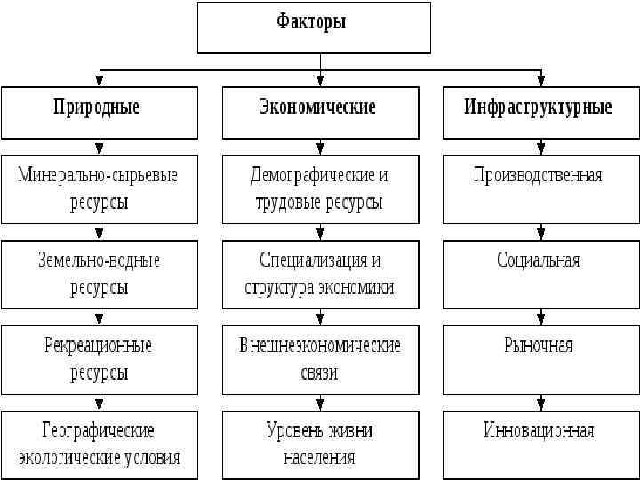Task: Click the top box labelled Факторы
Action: click(x=314, y=28)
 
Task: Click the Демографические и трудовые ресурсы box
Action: click(x=319, y=188)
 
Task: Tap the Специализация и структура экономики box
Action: click(x=319, y=274)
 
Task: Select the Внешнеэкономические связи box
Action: click(x=319, y=359)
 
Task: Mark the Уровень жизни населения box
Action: click(x=319, y=444)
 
